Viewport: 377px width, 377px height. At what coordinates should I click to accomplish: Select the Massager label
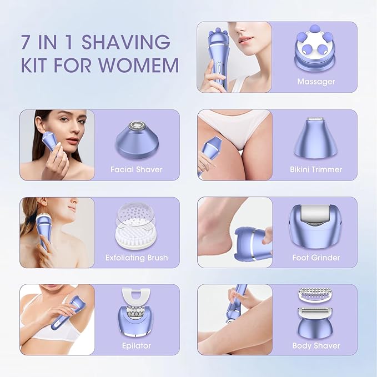[316, 82]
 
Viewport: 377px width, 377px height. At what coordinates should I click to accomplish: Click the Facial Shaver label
[137, 170]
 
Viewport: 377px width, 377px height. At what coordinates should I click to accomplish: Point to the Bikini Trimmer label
[316, 170]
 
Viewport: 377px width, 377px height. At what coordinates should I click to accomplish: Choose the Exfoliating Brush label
[137, 258]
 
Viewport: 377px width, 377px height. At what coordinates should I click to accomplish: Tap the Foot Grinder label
[316, 258]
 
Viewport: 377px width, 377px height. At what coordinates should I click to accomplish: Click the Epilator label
[137, 345]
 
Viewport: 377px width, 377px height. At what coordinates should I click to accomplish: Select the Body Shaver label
[316, 345]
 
